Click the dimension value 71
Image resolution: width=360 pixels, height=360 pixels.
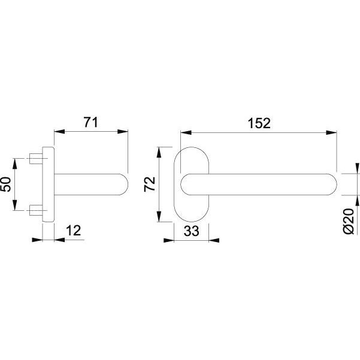click(90, 122)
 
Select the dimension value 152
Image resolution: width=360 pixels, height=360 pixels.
click(259, 123)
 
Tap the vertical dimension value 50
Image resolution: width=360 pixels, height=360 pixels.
click(6, 184)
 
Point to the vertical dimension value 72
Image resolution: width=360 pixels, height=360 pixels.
click(150, 184)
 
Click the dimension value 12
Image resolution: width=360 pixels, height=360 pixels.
click(74, 231)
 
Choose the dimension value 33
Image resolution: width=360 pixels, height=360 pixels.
click(191, 231)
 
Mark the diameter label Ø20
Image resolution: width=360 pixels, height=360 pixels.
click(349, 221)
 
